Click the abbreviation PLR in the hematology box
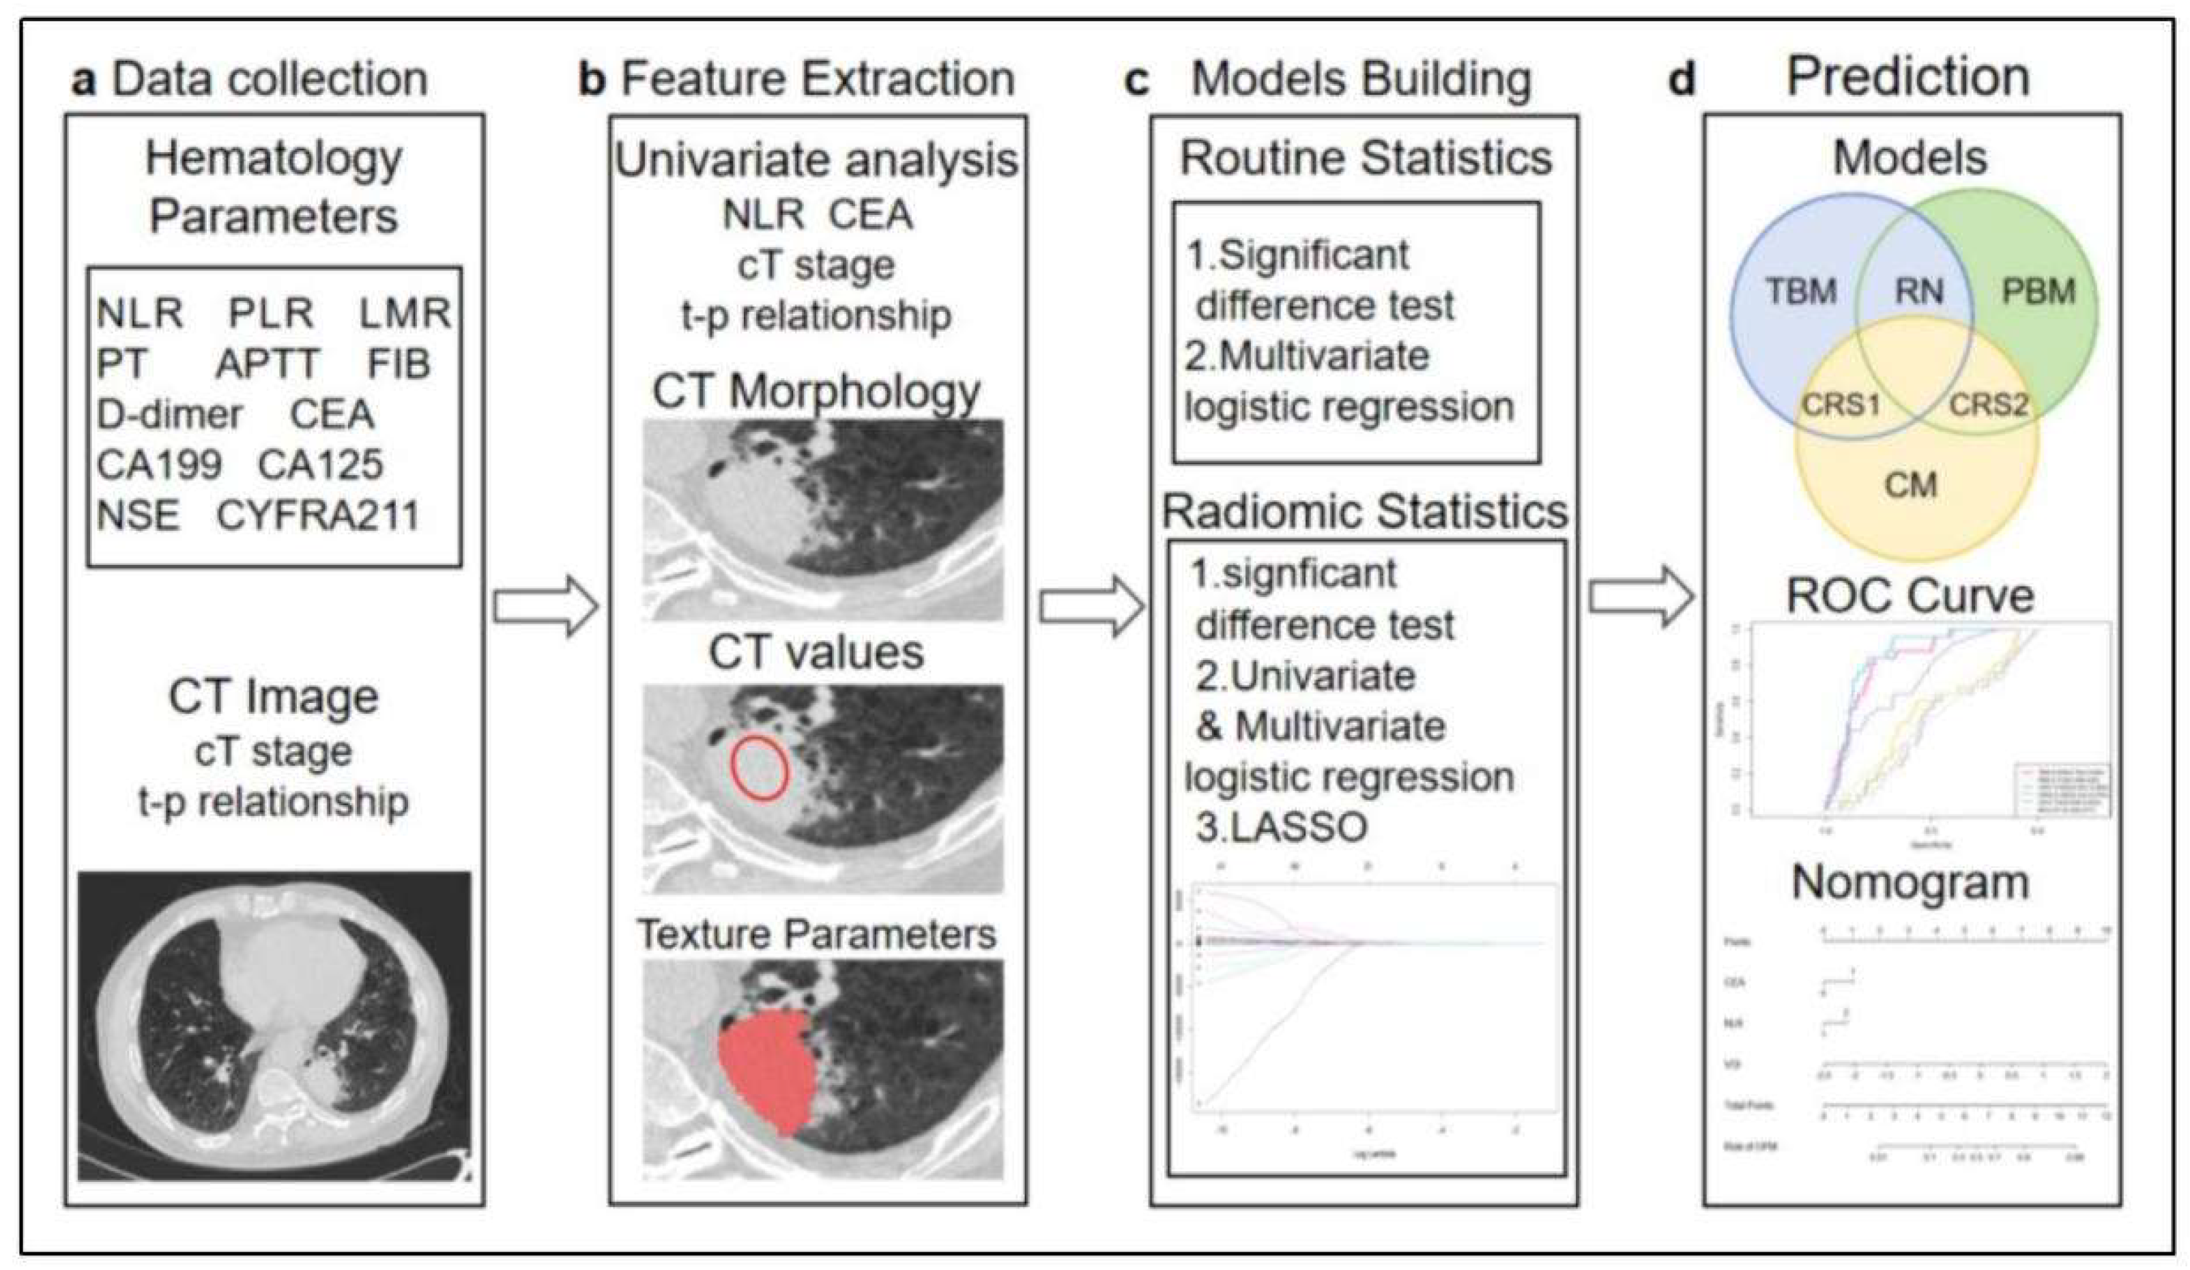click(x=270, y=313)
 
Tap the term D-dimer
click(x=169, y=415)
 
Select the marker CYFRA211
click(x=317, y=515)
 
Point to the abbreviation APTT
click(x=268, y=363)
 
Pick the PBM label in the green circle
click(x=2038, y=291)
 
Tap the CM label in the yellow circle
click(x=1910, y=484)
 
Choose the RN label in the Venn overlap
click(x=1918, y=291)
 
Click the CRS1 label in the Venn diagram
click(x=1840, y=404)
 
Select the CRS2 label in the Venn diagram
click(x=1987, y=404)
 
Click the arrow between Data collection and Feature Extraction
click(x=546, y=606)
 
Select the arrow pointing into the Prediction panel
click(x=1641, y=596)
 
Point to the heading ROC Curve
click(x=1910, y=596)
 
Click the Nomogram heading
click(x=1910, y=883)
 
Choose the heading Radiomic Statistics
click(x=1364, y=512)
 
